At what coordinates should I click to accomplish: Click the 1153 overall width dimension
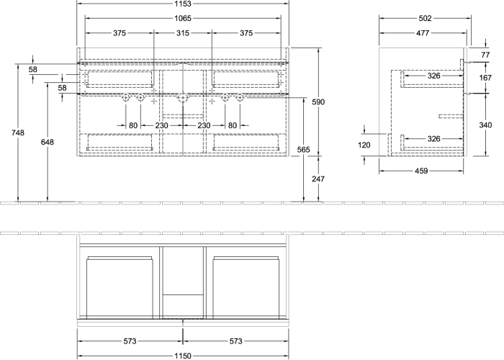[x=183, y=4]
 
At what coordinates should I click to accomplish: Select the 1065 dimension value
[x=183, y=18]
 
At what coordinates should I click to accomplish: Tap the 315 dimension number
[x=183, y=33]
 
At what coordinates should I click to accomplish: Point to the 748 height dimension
[x=18, y=132]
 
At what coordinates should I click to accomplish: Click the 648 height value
[x=48, y=142]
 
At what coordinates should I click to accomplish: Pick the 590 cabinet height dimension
[x=318, y=102]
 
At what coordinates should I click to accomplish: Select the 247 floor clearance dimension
[x=318, y=179]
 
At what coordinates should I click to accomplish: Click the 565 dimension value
[x=304, y=150]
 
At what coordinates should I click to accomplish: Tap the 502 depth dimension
[x=425, y=18]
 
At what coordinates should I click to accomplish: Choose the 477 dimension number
[x=423, y=33]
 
